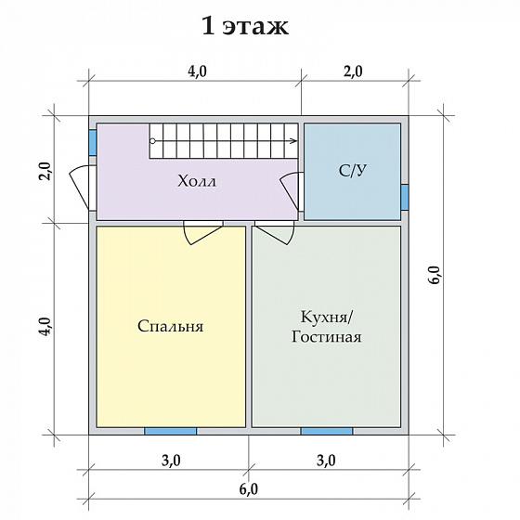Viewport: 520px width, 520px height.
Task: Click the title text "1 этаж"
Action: pos(245,26)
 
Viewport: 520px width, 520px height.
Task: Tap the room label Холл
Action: pos(197,182)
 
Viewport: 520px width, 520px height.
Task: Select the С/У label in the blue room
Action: pos(352,170)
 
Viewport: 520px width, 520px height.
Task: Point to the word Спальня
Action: pos(170,327)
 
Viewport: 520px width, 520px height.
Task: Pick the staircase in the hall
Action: pos(223,143)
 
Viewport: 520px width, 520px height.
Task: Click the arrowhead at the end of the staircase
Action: pos(293,141)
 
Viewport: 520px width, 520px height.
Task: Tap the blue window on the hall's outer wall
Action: pos(93,142)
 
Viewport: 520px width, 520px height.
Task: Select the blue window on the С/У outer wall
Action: pos(405,197)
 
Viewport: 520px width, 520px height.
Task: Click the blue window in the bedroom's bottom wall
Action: pos(170,431)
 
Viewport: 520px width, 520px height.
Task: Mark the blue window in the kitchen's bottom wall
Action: pos(326,431)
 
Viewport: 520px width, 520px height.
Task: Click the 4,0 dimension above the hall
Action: pos(196,71)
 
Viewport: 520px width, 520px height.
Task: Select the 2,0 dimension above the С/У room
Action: pos(353,71)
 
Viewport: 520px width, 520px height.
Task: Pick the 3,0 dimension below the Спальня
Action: pos(170,460)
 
